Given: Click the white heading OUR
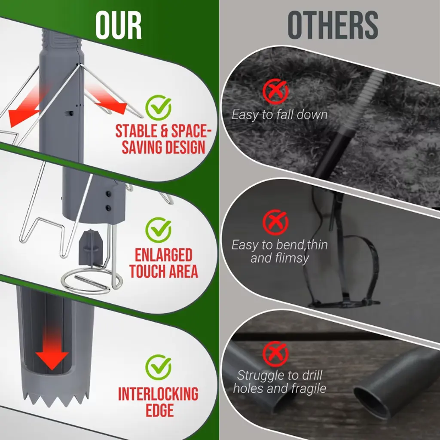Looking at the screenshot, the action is point(119,26).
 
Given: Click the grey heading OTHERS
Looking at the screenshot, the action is point(333,25).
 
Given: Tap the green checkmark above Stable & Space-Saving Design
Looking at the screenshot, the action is point(158,108).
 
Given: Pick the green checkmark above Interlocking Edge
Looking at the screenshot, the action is point(158,367).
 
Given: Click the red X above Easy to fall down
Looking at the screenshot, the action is point(275,92).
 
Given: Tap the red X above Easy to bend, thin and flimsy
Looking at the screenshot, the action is point(275,222).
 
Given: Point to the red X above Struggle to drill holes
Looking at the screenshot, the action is point(275,354).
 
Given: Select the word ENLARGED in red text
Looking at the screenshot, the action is point(164,255).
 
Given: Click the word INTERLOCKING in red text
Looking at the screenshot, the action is point(158,394).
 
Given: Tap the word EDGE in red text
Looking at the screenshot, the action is point(160,410).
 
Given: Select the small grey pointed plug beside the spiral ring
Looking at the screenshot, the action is point(90,247).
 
